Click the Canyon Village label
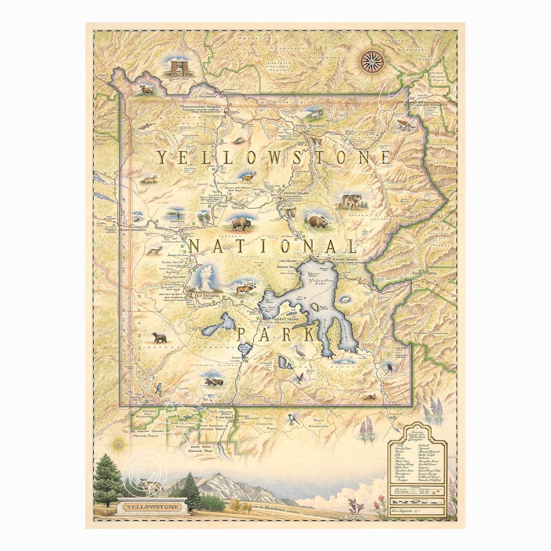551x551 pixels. [x=296, y=193]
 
